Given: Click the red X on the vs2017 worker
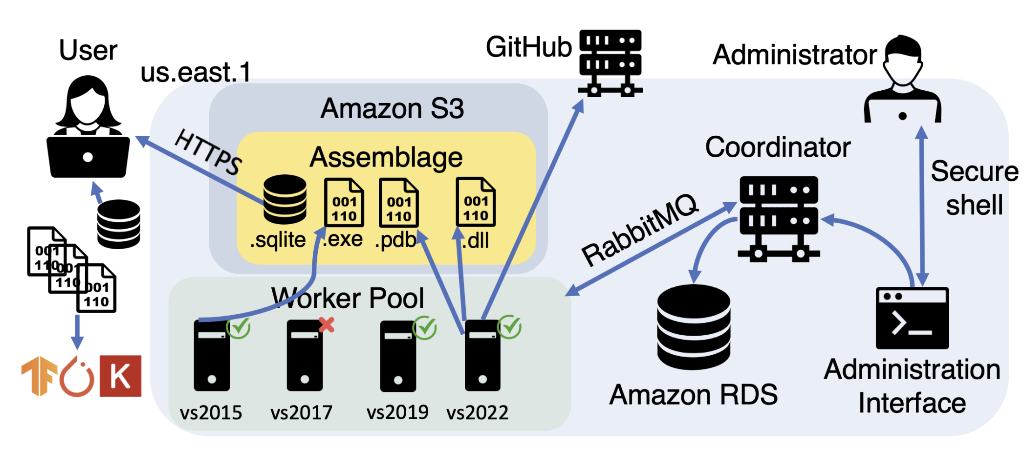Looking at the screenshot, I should pyautogui.click(x=327, y=325).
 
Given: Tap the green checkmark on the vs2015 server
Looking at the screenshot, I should pyautogui.click(x=239, y=327).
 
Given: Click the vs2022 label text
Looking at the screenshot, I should pyautogui.click(x=477, y=412).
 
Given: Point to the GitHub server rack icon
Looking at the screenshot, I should pyautogui.click(x=610, y=62).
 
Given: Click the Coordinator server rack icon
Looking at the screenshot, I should pyautogui.click(x=778, y=218).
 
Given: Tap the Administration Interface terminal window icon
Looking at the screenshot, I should pyautogui.click(x=912, y=318).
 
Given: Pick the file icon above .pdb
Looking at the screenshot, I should pyautogui.click(x=399, y=203).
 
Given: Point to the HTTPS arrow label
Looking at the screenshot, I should pyautogui.click(x=208, y=152).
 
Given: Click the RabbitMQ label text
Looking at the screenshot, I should pyautogui.click(x=640, y=230).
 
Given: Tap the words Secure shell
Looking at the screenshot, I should pyautogui.click(x=974, y=188).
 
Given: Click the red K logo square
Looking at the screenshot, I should pyautogui.click(x=121, y=376).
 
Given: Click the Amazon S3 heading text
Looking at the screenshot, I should pyautogui.click(x=392, y=108).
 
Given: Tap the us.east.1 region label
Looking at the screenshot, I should pyautogui.click(x=195, y=73).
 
